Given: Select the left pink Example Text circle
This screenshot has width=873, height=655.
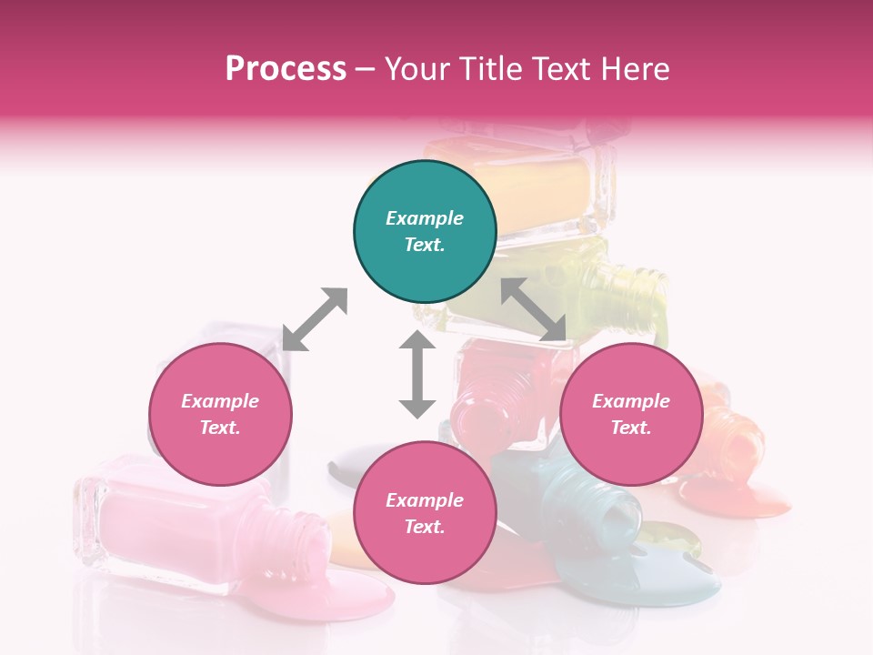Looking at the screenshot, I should pos(220,414).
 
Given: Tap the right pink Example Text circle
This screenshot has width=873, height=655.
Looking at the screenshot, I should pos(631,414).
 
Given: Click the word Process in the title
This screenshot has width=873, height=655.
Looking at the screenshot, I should pos(286,68).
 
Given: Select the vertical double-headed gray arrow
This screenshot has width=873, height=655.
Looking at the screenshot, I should pos(417,374).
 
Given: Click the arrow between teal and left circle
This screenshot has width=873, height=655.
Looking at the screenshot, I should pos(315,319).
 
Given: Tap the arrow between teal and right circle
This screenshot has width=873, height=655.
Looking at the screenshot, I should pos(534,310).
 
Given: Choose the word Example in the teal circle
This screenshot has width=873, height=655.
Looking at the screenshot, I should pos(425,218).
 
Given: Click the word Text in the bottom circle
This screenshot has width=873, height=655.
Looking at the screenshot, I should pos(425,527).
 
